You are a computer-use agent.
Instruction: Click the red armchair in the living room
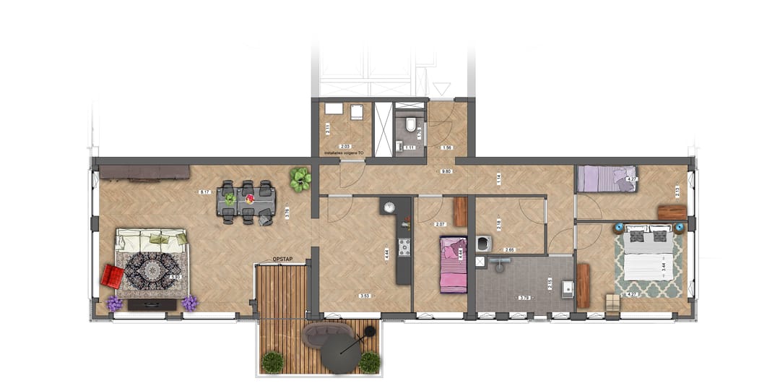[x=112, y=276]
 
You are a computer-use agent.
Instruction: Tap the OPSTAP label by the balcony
[x=282, y=260]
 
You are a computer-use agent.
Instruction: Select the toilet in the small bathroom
[x=411, y=126]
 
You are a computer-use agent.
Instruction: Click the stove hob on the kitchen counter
[x=404, y=249]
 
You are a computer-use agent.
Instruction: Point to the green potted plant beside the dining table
[x=300, y=179]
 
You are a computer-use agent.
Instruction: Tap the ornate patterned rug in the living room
[x=152, y=273]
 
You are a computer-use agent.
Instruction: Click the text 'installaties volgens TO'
[x=344, y=153]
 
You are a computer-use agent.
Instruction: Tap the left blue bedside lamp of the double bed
[x=618, y=227]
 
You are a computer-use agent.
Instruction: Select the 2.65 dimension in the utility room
[x=510, y=249]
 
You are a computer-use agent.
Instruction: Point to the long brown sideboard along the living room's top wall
[x=144, y=172]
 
